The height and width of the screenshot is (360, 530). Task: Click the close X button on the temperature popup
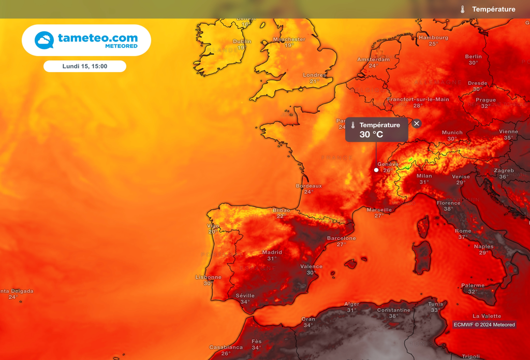pos(417,123)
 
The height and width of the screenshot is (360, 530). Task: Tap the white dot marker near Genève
pos(376,170)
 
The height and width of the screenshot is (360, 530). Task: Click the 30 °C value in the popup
pos(372,135)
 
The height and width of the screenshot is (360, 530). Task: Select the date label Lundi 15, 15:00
pos(85,66)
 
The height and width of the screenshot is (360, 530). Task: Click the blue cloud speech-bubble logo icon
pos(44,40)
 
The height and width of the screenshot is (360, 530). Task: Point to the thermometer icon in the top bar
pos(463,9)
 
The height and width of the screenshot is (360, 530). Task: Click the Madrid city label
pos(272,252)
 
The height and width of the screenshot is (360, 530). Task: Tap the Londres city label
pos(314,75)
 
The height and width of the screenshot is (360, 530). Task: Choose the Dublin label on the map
pos(242,41)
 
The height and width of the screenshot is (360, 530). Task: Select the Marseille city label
pos(379,210)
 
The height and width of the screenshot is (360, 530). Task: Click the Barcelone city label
pos(341,238)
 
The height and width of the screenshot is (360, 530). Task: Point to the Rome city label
pos(463,231)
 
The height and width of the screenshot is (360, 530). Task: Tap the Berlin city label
pos(473,56)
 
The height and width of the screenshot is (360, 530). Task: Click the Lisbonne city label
pos(208,277)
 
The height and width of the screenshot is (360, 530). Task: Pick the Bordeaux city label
pos(308,186)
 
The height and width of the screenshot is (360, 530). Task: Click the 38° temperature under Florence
pos(448,209)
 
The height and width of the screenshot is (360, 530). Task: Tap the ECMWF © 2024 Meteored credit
pos(484,325)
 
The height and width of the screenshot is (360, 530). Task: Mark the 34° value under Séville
pos(245,302)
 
